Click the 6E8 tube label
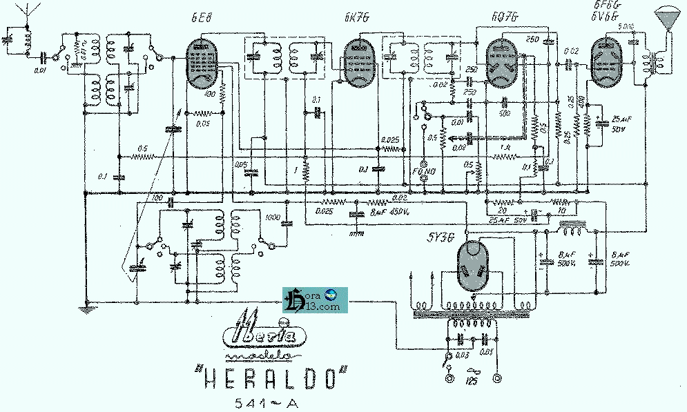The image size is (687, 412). coord(197,19)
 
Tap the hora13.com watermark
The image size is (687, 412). coord(312,299)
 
